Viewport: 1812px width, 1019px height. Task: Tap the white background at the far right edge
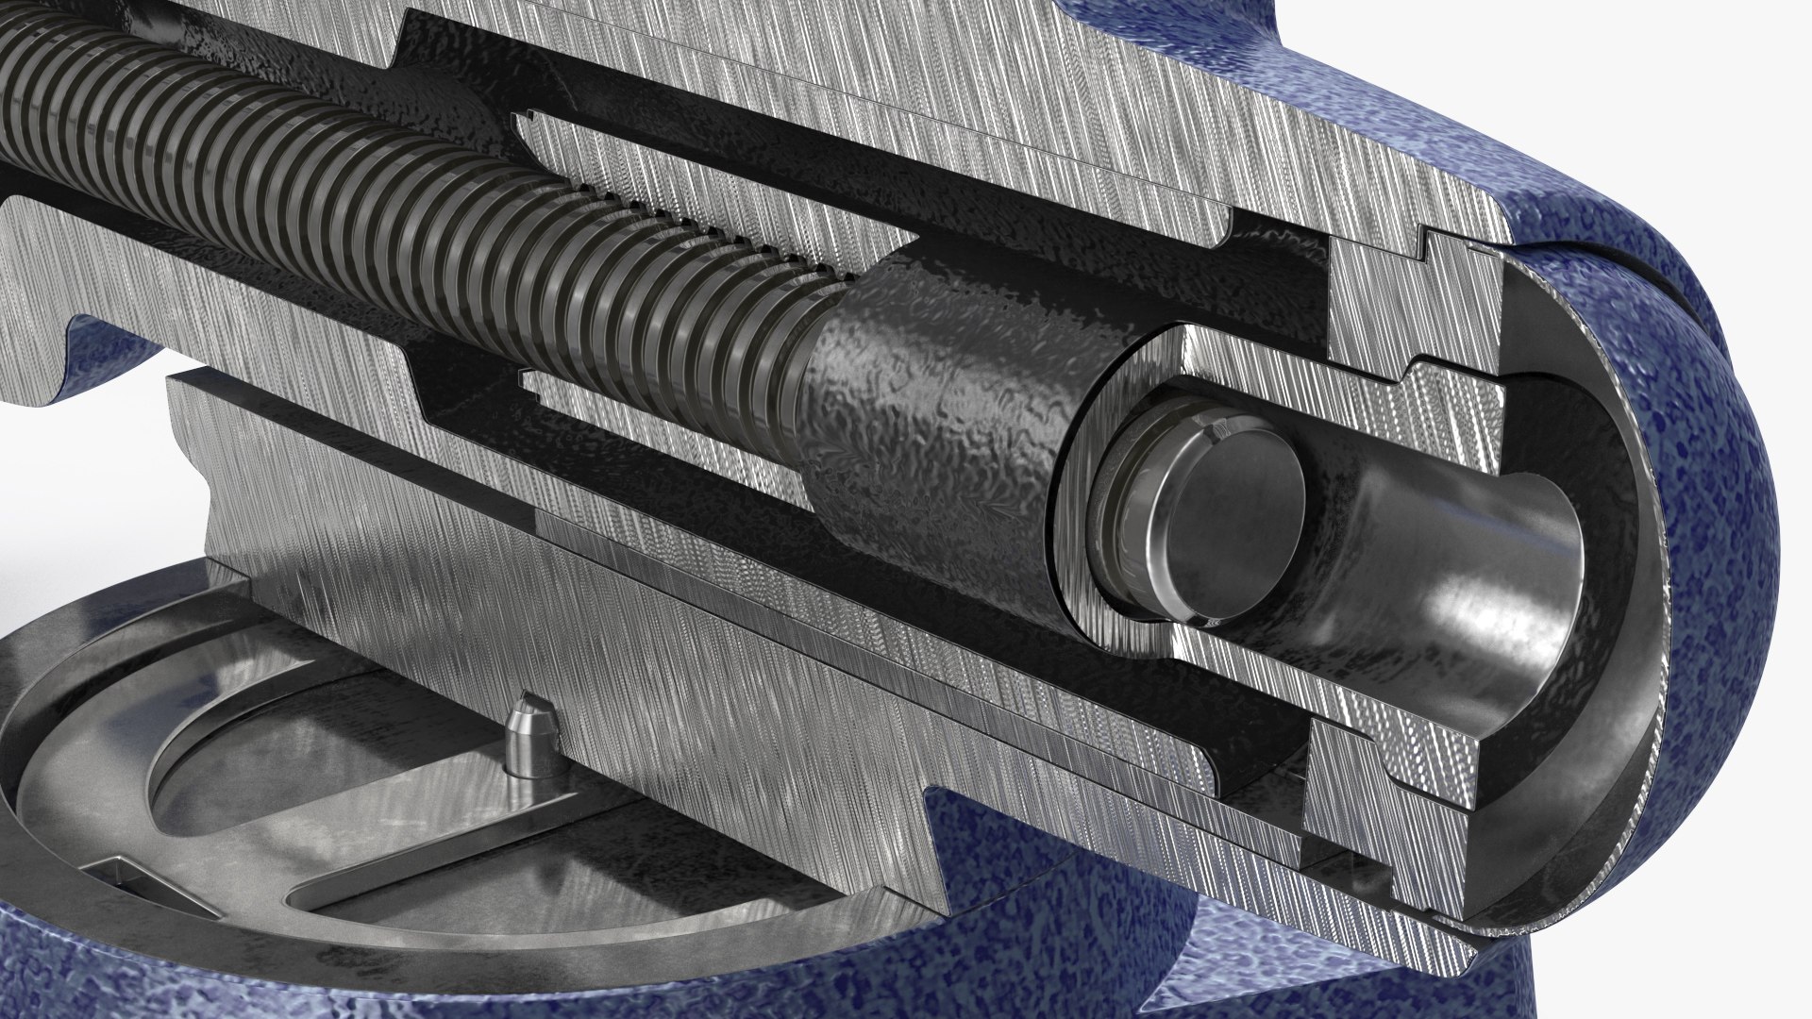[1793, 660]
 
